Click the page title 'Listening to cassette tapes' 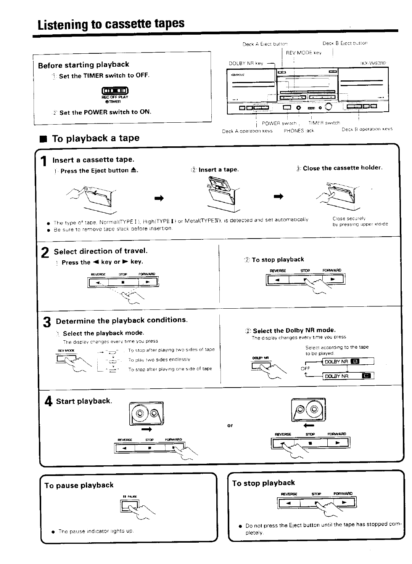coord(111,24)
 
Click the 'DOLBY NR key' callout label coord(246,63)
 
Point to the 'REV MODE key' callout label coord(304,53)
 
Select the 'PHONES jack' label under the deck coord(299,131)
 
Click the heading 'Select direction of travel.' coord(101,251)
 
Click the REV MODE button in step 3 coord(64,359)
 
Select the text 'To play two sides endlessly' coord(159,359)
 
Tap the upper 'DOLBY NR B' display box coord(348,362)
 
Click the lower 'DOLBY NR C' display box coord(348,376)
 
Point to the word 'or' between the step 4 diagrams coord(230,425)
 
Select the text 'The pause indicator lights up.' coord(96,531)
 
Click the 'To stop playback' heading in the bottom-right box coord(264,483)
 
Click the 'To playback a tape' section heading coord(95,138)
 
